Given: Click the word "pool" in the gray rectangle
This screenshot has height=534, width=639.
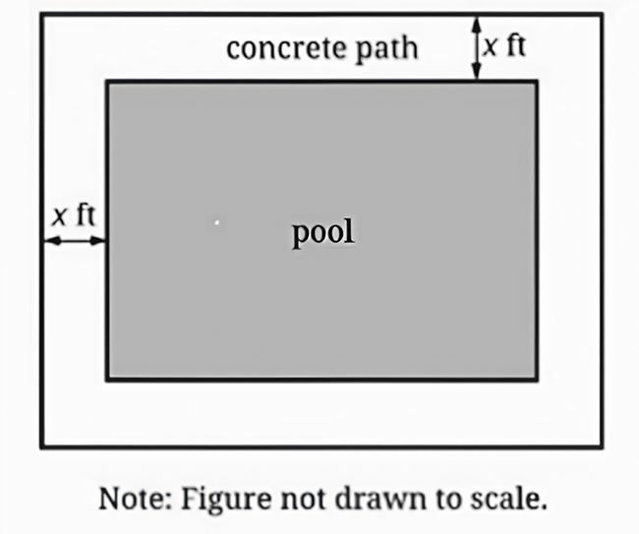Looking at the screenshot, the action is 323,233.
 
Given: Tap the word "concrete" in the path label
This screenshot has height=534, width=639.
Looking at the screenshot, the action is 286,48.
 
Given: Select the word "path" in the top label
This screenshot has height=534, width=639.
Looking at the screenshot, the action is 386,50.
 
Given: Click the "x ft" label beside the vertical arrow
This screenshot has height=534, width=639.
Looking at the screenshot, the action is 504,45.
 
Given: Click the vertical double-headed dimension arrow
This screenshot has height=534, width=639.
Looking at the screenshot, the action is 477,48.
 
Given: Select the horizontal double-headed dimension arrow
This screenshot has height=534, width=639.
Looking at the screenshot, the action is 75,241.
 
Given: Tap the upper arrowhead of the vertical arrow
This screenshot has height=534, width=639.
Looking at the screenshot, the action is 477,24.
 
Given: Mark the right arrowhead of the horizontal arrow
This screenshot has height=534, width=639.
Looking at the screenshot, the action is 97,241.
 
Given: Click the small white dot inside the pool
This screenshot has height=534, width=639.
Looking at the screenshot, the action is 217,222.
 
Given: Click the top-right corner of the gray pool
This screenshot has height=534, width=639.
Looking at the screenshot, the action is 537,82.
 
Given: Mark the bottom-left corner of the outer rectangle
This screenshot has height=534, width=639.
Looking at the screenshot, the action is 41,447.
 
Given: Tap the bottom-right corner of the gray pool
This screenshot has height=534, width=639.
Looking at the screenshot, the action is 537,380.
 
